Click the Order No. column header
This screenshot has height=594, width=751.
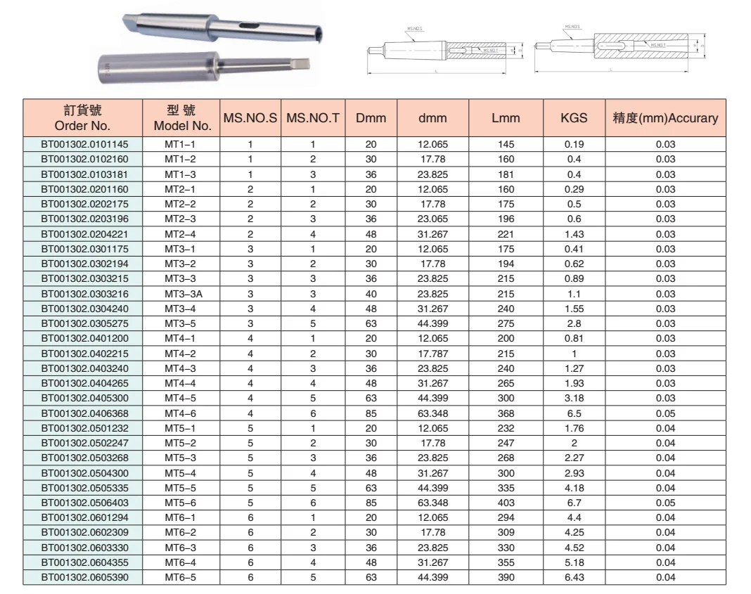pos(82,119)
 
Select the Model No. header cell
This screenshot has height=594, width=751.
pos(182,119)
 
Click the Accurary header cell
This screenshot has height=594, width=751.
pos(665,119)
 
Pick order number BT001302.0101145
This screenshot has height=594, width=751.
pos(82,145)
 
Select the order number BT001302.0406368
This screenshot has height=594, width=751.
pos(82,413)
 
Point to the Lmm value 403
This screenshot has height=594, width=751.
pos(506,503)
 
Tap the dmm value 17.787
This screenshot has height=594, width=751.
pos(433,354)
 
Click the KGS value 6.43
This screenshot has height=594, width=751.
pos(574,577)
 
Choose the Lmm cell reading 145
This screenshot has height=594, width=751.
pos(506,145)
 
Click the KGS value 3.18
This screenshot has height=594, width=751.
pos(574,399)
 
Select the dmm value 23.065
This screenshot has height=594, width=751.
pos(433,219)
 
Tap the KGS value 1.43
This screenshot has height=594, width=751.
pos(574,234)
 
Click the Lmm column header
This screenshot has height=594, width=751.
pos(506,119)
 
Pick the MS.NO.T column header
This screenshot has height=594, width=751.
pos(312,119)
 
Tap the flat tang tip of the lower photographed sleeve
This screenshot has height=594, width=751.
pos(301,68)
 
